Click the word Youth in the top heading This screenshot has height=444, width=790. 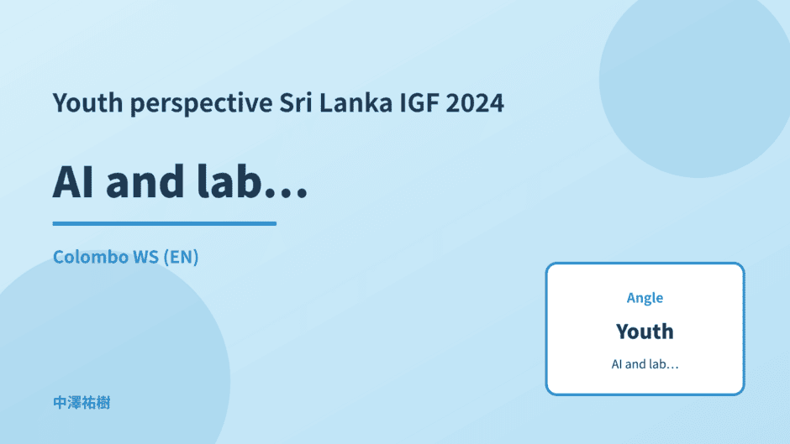click(x=87, y=102)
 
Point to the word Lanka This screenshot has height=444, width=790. click(x=355, y=102)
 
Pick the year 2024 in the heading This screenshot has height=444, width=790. click(x=475, y=102)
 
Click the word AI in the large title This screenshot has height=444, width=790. click(x=73, y=182)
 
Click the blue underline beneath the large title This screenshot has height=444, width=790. click(x=165, y=223)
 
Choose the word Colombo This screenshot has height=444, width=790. click(x=91, y=257)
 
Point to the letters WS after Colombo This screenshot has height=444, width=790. click(x=146, y=257)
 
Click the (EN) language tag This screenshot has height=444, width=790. click(x=181, y=257)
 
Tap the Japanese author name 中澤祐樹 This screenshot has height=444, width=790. click(x=82, y=403)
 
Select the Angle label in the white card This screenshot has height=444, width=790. click(x=645, y=298)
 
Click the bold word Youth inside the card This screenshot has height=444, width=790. click(x=645, y=332)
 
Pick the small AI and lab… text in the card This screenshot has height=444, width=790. click(x=645, y=364)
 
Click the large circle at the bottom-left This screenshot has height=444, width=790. click(x=111, y=353)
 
